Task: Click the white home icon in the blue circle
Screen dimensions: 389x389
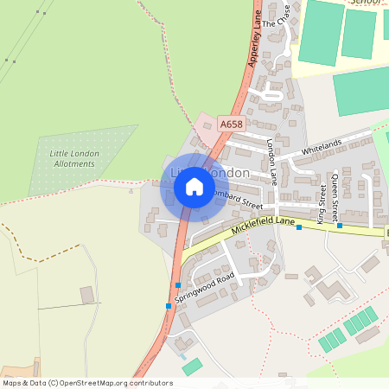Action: pyautogui.click(x=194, y=186)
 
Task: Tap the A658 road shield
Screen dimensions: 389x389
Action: pyautogui.click(x=231, y=125)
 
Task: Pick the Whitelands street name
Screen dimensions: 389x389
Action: pyautogui.click(x=322, y=149)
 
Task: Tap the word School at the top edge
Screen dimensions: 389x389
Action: pyautogui.click(x=364, y=3)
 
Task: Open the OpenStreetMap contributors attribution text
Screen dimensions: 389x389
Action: pyautogui.click(x=86, y=382)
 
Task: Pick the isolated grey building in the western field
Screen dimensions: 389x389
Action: pyautogui.click(x=87, y=296)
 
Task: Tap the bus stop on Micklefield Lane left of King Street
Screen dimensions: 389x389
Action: pyautogui.click(x=299, y=227)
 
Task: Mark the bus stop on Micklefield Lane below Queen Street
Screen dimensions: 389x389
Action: pyautogui.click(x=340, y=226)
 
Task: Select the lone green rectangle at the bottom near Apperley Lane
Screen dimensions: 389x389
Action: pyautogui.click(x=192, y=367)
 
